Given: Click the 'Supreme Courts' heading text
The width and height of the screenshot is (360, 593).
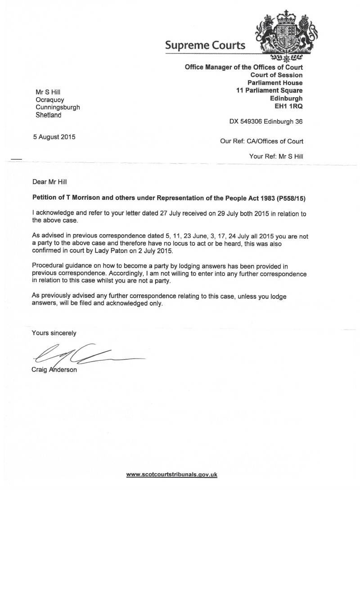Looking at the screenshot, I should [x=205, y=45].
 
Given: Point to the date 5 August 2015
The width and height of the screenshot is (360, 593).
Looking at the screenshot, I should [x=54, y=137].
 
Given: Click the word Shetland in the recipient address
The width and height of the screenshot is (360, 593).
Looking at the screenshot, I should [x=49, y=115].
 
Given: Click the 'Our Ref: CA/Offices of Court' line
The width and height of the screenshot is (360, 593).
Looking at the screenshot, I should [x=261, y=141].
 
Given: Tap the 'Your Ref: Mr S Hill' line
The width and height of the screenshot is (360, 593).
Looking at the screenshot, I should [x=276, y=156].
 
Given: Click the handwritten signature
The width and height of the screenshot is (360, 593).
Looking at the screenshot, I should [x=85, y=355].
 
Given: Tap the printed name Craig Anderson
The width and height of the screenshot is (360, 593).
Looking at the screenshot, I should [x=54, y=370].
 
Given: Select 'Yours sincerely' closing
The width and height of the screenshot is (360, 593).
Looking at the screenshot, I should [x=54, y=333].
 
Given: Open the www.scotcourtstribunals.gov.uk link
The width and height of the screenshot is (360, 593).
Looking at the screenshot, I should [x=172, y=474].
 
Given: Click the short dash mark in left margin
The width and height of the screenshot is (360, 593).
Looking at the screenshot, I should [x=16, y=159].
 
